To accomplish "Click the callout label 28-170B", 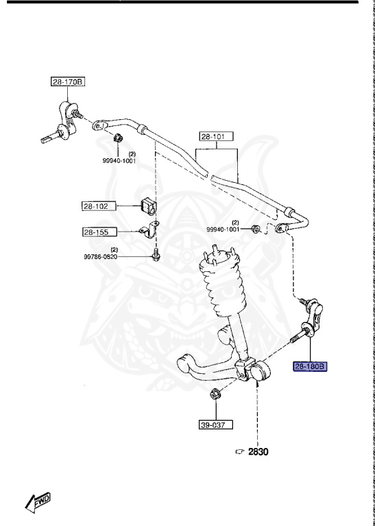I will [x=67, y=82].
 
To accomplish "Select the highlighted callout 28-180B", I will [x=311, y=366].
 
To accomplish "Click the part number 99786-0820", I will [x=109, y=257].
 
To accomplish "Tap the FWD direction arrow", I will [x=38, y=503].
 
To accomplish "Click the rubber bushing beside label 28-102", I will [x=147, y=205].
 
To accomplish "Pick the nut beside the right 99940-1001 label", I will [x=255, y=228].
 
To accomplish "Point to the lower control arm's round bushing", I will [x=262, y=373].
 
